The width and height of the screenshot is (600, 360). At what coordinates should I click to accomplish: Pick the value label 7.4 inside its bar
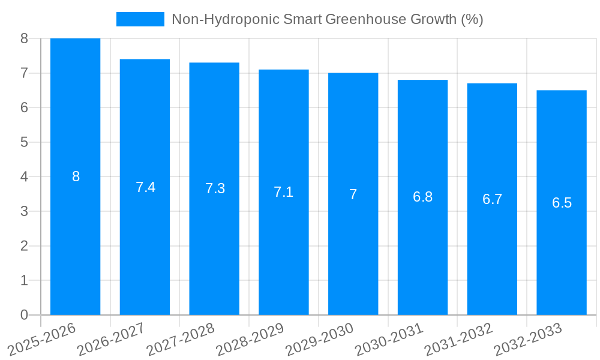tap(145, 187)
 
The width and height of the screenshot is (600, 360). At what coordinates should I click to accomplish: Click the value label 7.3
tap(215, 188)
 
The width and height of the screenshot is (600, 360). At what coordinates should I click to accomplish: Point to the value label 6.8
tap(422, 197)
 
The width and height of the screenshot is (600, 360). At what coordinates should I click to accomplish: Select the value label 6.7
tap(492, 199)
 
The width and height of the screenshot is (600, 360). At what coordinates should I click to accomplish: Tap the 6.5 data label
tap(562, 203)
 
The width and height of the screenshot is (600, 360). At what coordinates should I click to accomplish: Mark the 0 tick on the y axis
tap(24, 315)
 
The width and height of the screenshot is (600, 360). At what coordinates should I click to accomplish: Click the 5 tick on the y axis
tap(24, 142)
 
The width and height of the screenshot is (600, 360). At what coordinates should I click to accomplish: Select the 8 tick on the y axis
tap(24, 38)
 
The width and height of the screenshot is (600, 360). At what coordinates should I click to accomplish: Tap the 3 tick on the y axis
tap(24, 211)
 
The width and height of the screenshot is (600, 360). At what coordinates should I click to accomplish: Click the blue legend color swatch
tap(140, 19)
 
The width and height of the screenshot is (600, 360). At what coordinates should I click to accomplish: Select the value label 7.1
tap(283, 192)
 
